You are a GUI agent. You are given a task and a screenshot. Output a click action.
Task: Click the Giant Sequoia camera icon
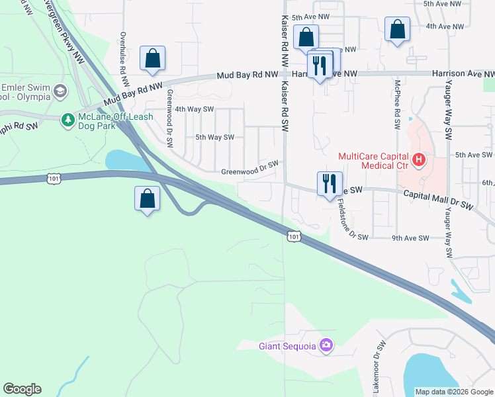tap(326, 345)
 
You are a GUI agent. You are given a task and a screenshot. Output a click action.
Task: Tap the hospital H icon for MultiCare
tap(418, 159)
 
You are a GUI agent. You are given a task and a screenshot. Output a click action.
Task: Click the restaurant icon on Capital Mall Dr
tap(330, 183)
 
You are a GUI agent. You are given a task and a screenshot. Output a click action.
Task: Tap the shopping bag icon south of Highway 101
tap(148, 198)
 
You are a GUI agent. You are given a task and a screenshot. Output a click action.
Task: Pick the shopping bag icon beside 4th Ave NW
tap(396, 30)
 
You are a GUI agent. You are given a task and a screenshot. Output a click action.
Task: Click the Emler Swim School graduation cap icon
tap(60, 91)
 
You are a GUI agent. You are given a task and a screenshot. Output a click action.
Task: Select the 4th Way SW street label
tap(194, 109)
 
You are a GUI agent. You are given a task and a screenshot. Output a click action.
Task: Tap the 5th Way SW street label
tap(215, 137)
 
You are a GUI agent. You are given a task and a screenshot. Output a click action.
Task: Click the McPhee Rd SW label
tap(398, 100)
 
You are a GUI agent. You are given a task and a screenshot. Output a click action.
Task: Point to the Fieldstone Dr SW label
tap(351, 218)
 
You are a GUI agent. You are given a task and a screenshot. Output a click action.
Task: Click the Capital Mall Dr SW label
tap(437, 198)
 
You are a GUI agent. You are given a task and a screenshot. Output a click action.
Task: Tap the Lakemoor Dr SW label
tap(380, 367)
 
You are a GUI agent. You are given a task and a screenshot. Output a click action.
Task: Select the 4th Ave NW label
tap(443, 26)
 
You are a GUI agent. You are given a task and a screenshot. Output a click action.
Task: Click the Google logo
tap(22, 389)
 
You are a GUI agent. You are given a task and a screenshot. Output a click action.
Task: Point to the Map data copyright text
tap(453, 392)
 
